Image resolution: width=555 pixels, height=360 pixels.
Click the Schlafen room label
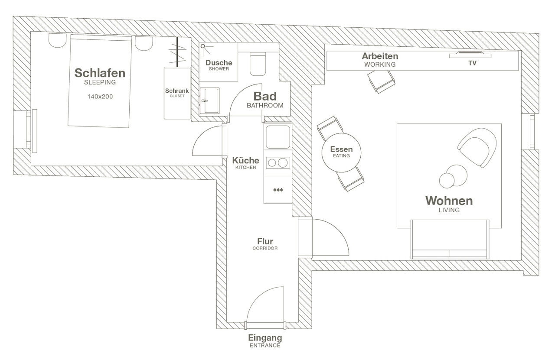tap(100, 73)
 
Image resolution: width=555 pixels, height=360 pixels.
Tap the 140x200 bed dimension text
tap(100, 97)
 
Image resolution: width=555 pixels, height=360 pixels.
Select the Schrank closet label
tap(177, 91)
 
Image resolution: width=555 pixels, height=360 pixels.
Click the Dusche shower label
tap(219, 63)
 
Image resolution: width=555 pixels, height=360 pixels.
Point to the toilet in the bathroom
tap(258, 64)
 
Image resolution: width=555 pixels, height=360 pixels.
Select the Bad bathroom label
tap(265, 96)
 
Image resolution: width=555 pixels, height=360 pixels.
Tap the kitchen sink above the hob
tap(277, 137)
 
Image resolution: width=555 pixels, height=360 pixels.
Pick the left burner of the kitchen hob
tap(272, 163)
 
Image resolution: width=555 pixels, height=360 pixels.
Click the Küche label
tap(245, 160)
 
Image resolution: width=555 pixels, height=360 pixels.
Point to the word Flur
tap(265, 241)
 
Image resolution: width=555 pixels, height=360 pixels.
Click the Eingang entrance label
tap(265, 337)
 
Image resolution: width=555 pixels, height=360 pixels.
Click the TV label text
tap(472, 63)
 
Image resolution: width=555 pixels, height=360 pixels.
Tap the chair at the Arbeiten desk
tap(381, 81)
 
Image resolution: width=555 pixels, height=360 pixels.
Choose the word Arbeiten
tap(380, 56)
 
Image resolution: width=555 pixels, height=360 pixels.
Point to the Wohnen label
tap(449, 201)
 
